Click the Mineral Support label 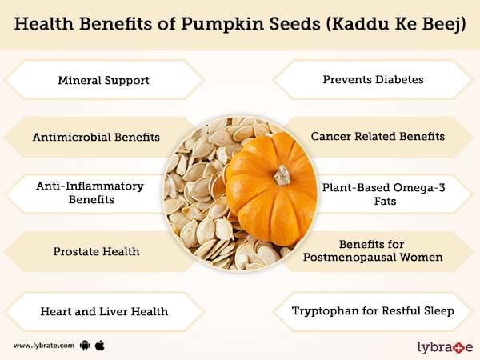[103, 80]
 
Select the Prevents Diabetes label [373, 79]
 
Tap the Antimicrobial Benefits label [96, 137]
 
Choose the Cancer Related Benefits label [378, 136]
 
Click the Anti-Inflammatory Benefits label [90, 193]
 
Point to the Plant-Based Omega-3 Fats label [383, 194]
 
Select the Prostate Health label [96, 251]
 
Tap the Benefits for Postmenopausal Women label [373, 250]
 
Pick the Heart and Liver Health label [104, 311]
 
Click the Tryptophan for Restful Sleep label [373, 310]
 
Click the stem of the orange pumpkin [282, 176]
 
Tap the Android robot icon [85, 346]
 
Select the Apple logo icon [100, 346]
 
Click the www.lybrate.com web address [44, 346]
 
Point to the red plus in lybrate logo [456, 348]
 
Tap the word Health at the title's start [44, 23]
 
